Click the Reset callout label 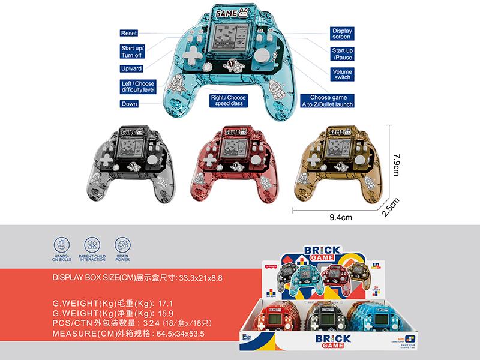pyautogui.click(x=129, y=33)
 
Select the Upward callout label pyautogui.click(x=131, y=69)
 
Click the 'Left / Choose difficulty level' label pyautogui.click(x=138, y=86)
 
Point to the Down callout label pyautogui.click(x=129, y=104)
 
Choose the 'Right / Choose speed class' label pyautogui.click(x=227, y=100)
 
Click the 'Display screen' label pyautogui.click(x=341, y=33)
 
